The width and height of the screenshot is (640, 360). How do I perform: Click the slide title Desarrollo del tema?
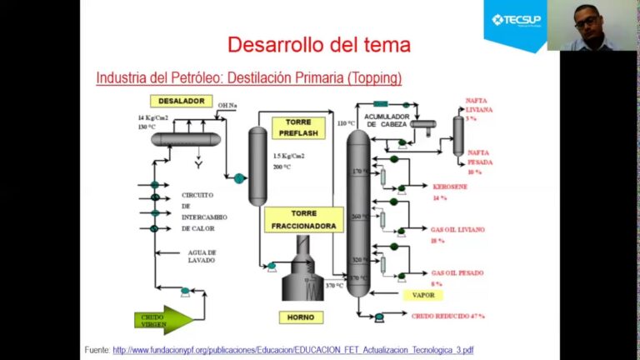[x=319, y=44]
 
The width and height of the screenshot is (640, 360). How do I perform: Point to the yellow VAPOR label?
[x=423, y=295]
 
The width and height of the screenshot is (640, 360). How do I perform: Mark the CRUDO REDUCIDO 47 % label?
[x=448, y=316]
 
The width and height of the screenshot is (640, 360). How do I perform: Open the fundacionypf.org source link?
[x=293, y=349]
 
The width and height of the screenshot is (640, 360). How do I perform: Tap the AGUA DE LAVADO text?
[x=201, y=256]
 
